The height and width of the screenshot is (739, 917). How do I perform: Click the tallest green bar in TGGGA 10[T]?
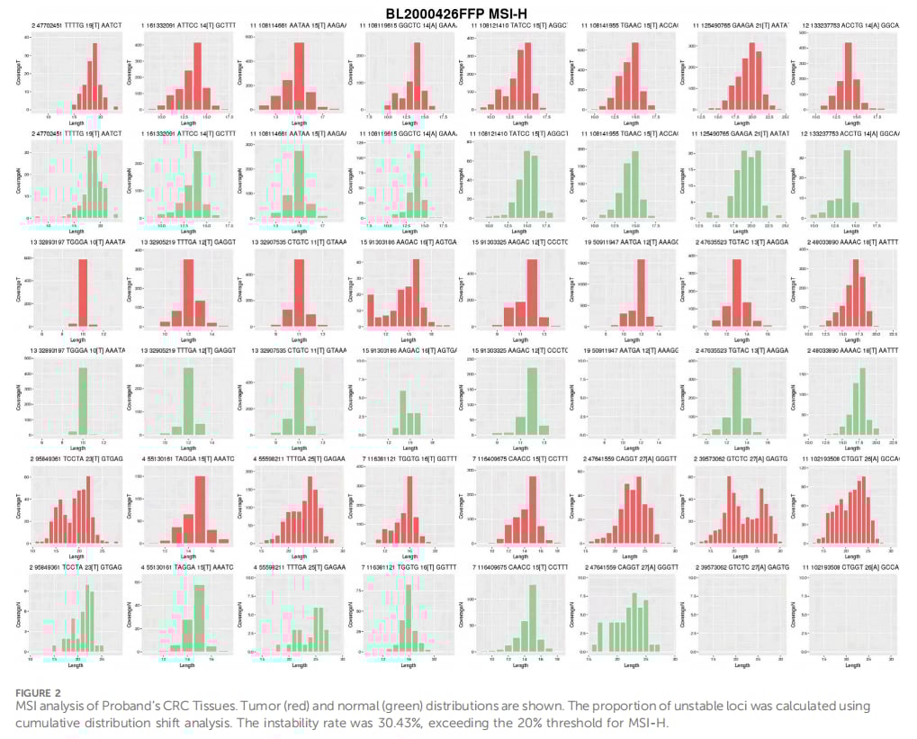coord(83,401)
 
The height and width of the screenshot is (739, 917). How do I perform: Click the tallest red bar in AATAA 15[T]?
coord(300,77)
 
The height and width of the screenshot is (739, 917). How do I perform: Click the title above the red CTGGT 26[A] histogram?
coord(854,458)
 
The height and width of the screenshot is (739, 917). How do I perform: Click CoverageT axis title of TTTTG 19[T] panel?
coord(19,72)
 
